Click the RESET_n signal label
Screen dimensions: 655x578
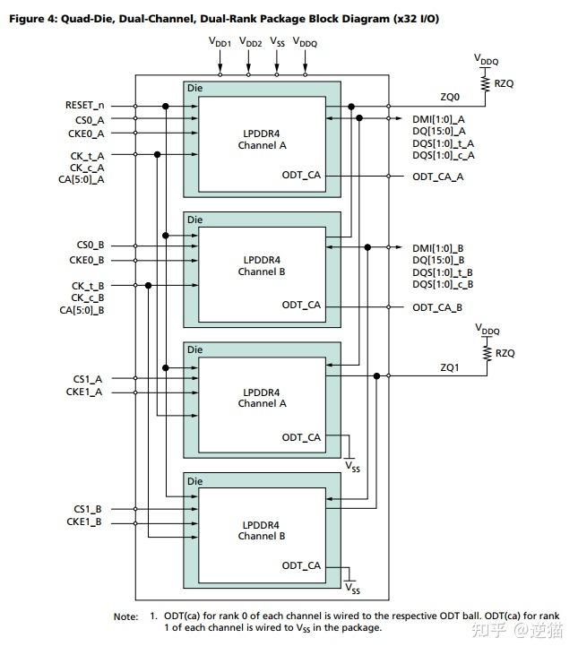[83, 106]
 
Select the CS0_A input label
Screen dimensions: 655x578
[88, 119]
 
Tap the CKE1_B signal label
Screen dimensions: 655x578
[85, 521]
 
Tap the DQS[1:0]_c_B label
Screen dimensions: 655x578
[443, 284]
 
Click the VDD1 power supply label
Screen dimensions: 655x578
[220, 42]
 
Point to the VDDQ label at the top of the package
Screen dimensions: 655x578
[305, 42]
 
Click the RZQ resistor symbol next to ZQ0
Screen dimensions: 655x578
[487, 83]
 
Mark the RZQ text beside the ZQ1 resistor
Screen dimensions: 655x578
[505, 353]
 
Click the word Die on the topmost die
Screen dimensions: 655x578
[194, 88]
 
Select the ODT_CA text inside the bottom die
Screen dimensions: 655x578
[301, 565]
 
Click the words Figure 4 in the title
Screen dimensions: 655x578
[32, 19]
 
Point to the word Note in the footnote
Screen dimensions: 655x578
[125, 616]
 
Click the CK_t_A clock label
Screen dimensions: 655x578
[87, 155]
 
